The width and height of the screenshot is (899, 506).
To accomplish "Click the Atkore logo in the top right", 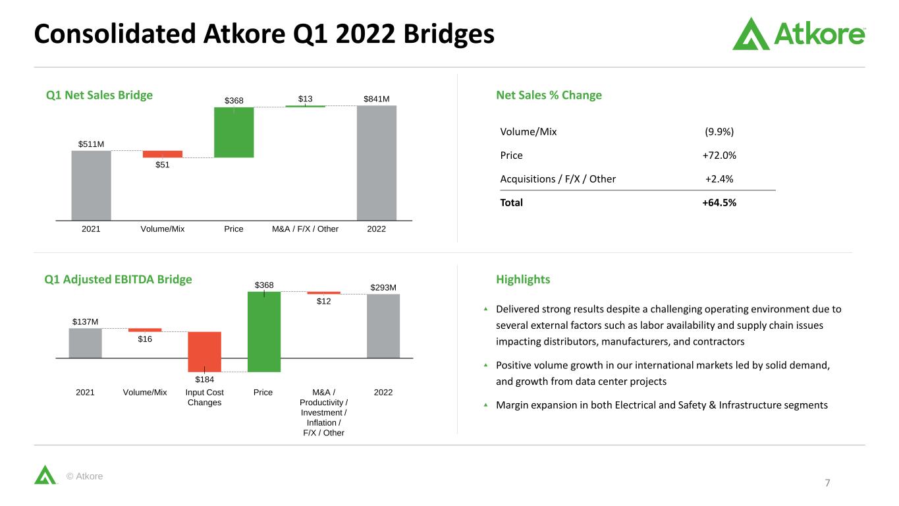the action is (799, 34).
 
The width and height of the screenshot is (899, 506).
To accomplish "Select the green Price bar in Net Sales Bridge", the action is (234, 132).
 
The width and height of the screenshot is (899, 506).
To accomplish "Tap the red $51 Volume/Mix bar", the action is (163, 154).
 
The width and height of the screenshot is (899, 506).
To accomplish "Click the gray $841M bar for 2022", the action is (377, 163).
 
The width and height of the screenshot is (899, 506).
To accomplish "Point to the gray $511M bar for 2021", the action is (91, 186).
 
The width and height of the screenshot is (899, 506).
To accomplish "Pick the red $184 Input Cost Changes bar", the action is (204, 352).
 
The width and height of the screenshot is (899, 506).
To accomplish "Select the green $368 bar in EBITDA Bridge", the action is (264, 331).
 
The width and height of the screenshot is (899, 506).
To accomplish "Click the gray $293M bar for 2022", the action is (383, 325).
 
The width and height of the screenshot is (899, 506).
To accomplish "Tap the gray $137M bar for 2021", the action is (85, 343).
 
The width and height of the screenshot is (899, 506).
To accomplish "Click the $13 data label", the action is (305, 99).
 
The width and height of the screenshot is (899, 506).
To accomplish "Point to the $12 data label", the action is (323, 301).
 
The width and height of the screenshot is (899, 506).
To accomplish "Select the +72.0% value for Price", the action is (719, 155).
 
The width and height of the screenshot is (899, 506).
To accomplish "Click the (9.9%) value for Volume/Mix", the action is (719, 132).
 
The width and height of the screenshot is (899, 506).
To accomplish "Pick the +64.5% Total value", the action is (719, 202).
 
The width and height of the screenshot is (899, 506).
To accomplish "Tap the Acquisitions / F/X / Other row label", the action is (558, 179).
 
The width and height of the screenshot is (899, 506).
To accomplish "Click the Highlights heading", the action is (523, 279).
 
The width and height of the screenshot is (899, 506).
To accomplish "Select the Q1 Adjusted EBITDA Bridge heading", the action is (118, 279).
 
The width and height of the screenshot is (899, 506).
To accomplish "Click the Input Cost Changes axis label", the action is (204, 397).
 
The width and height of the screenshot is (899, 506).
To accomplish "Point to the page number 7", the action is (827, 483).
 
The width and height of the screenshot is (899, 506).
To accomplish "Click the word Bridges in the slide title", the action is (449, 34).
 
